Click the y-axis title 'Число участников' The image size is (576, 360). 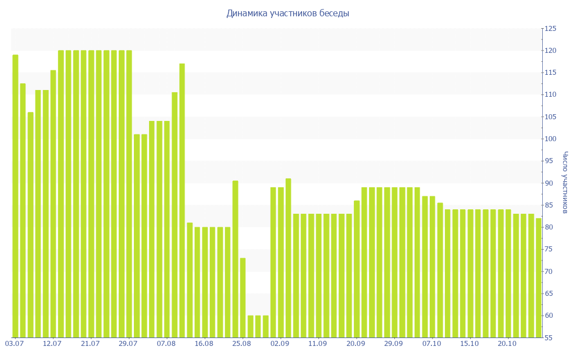click(565, 182)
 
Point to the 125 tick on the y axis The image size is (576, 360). click(549, 29)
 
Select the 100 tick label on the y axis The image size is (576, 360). click(549, 139)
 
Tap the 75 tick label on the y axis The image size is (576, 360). click(549, 249)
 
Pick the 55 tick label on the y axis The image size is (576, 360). click(549, 337)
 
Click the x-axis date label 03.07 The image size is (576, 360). click(14, 344)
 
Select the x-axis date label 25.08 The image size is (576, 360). click(242, 344)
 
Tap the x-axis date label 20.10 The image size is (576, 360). click(507, 344)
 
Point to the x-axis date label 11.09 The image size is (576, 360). click(318, 344)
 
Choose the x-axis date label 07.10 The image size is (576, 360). click(431, 344)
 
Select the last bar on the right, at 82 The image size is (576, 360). click(538, 278)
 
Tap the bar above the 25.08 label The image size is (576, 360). click(243, 298)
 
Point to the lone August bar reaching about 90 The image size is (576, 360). click(235, 259)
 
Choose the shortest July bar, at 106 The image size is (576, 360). click(30, 224)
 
